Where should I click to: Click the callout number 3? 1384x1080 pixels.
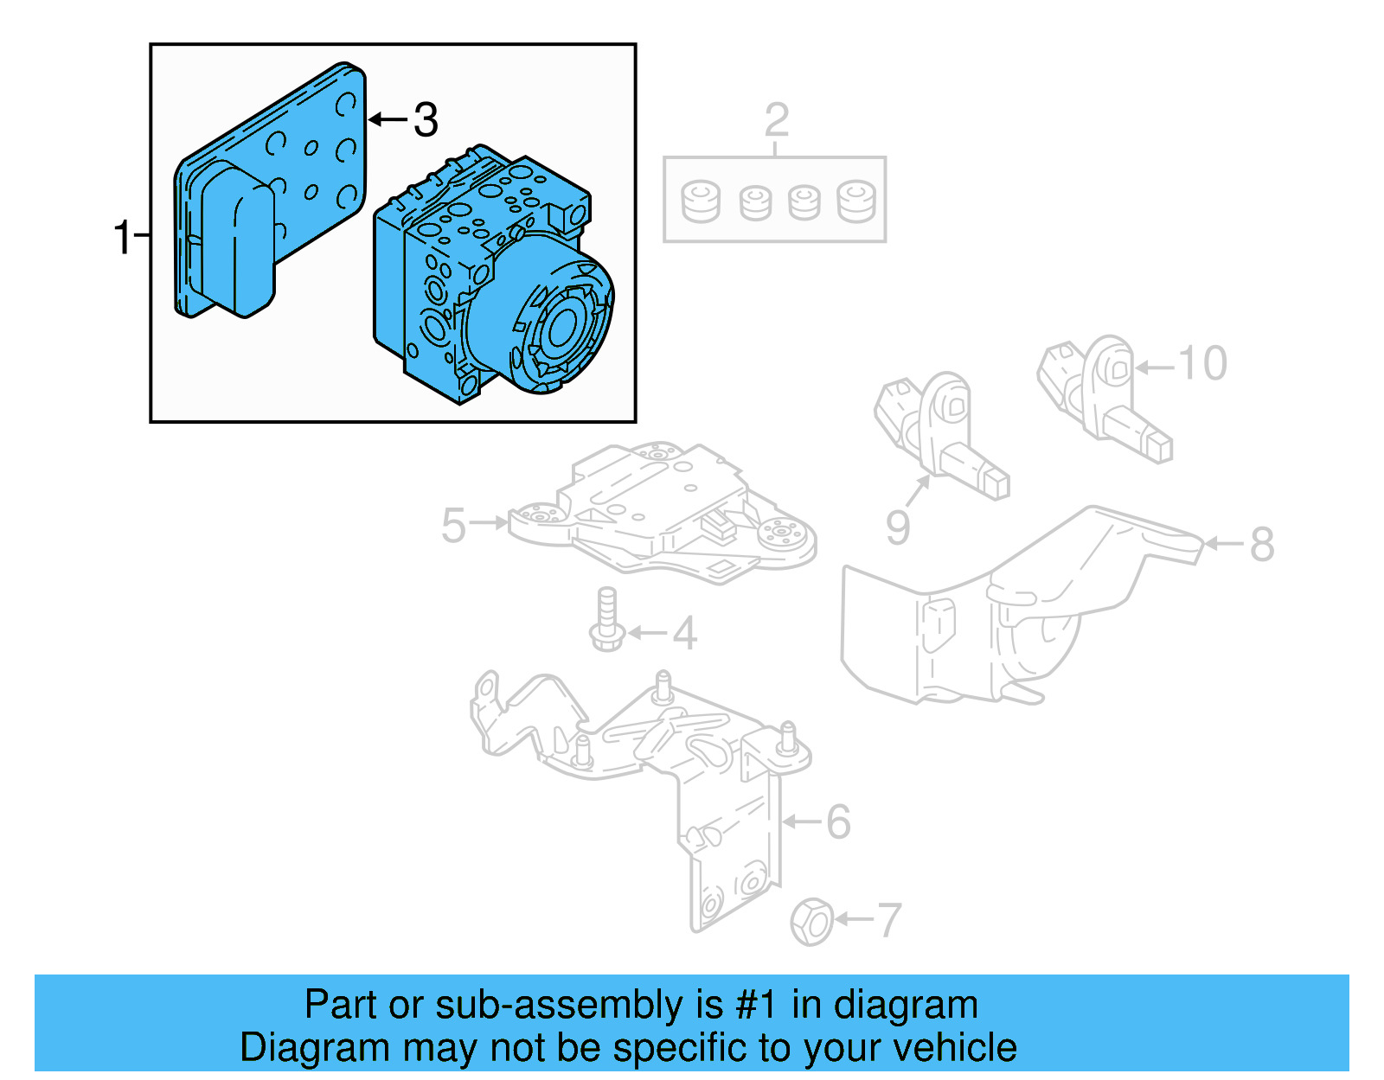point(425,119)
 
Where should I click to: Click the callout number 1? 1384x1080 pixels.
point(123,236)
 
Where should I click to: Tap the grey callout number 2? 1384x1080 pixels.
point(776,120)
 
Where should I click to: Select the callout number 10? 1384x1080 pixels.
point(1202,363)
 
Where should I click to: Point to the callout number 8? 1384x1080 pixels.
point(1262,545)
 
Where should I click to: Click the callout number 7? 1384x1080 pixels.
point(889,920)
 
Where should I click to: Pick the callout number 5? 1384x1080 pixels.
point(453,525)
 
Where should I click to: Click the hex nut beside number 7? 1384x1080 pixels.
point(812,922)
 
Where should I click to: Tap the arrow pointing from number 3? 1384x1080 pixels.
point(388,119)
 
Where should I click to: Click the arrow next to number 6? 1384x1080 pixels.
point(802,821)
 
